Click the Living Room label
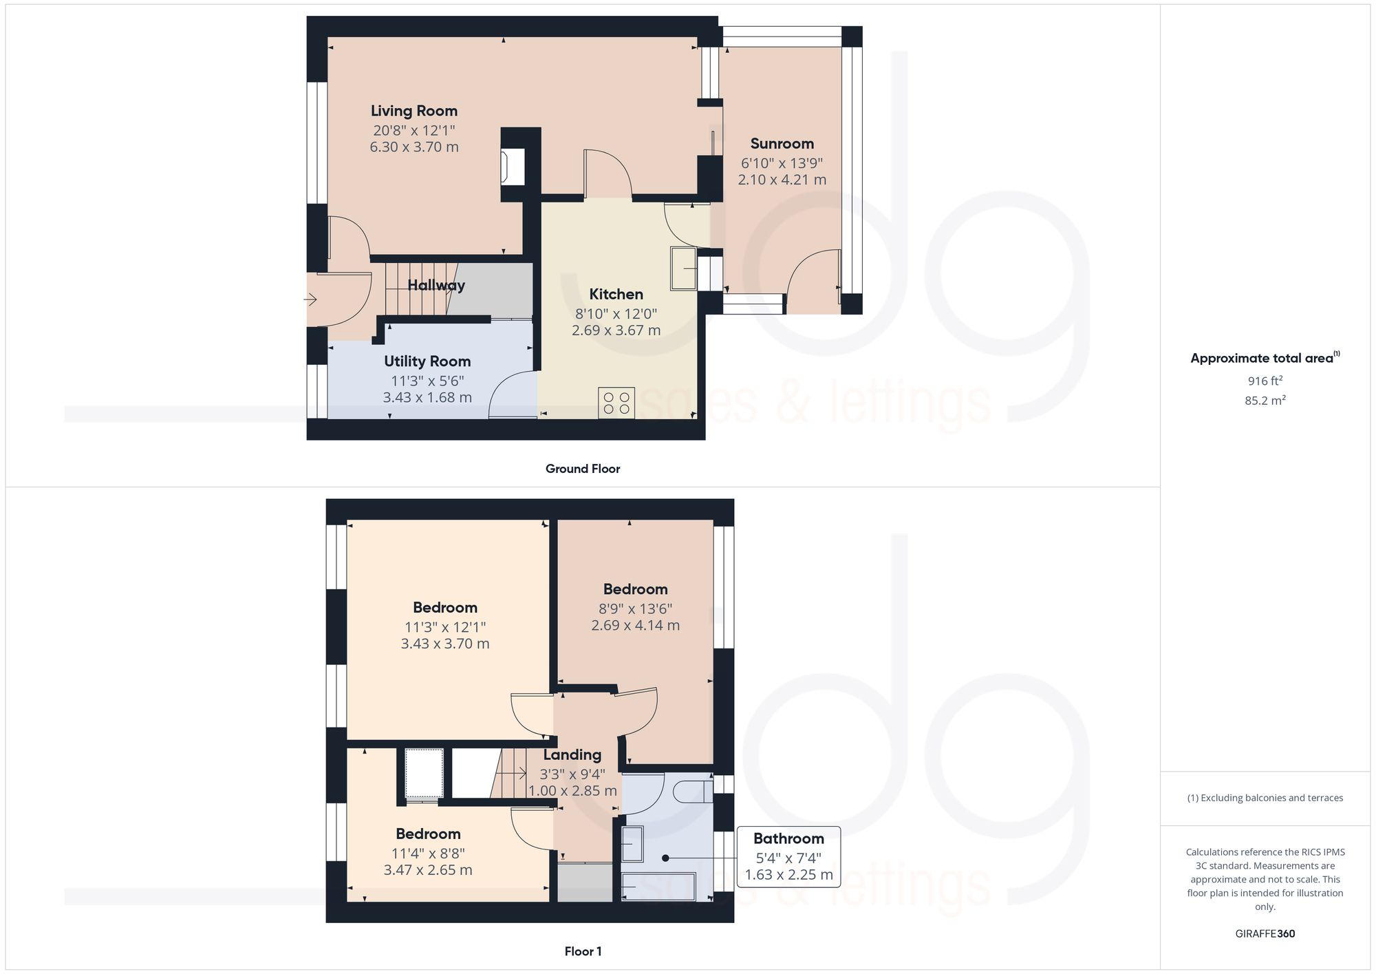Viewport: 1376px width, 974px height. (x=413, y=111)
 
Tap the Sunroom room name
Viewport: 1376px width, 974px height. (x=782, y=144)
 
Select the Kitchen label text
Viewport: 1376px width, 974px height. (x=616, y=295)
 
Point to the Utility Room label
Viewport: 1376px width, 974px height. (x=427, y=361)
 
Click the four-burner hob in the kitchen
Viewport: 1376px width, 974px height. (x=616, y=403)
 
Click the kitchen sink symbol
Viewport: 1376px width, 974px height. (x=684, y=268)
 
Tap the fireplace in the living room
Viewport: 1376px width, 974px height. (x=513, y=167)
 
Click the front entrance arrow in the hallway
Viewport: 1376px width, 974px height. (x=310, y=299)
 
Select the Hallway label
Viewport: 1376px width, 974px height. (x=436, y=285)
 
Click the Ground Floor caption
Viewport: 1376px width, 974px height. (x=583, y=469)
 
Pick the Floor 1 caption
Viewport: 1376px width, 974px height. (x=583, y=951)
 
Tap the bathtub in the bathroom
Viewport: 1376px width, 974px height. (x=658, y=887)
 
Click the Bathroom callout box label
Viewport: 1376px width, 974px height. (x=788, y=838)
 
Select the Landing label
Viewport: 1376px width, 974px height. (x=572, y=755)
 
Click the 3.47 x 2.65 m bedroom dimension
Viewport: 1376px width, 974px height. (x=428, y=870)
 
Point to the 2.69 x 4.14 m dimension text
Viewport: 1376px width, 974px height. (x=635, y=626)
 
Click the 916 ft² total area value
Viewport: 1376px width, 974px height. (x=1265, y=381)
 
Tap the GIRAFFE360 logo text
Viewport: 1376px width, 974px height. (x=1265, y=934)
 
